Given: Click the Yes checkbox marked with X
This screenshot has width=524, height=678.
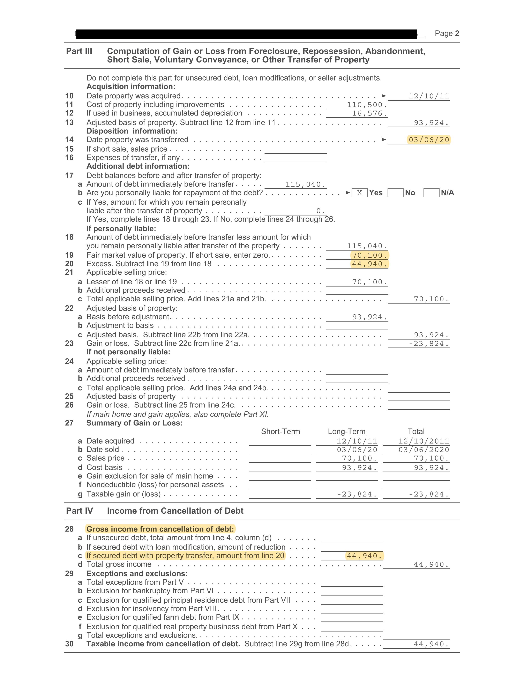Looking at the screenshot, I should click(x=359, y=193).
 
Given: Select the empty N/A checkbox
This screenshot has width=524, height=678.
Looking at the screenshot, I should click(x=431, y=193).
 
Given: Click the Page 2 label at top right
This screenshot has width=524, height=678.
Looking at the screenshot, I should click(x=447, y=33).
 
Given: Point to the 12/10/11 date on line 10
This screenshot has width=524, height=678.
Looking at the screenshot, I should click(x=429, y=96).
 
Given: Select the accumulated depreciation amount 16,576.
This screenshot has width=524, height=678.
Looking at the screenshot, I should click(x=369, y=114).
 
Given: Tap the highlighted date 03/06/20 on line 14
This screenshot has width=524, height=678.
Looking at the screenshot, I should click(x=429, y=140).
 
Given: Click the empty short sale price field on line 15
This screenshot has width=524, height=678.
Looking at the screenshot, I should click(x=295, y=150).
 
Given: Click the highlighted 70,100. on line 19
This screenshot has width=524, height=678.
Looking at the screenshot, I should click(x=369, y=256).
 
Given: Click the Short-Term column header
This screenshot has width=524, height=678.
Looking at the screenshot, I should click(x=280, y=431).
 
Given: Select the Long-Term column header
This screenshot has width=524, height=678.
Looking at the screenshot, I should click(x=346, y=431).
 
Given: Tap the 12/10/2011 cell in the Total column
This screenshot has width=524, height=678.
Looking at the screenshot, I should click(x=424, y=441).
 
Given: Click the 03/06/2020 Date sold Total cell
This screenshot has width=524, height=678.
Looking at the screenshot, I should click(x=424, y=450).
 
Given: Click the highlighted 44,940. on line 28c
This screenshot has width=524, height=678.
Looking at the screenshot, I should click(x=365, y=556).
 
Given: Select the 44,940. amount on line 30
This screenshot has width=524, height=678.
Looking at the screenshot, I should click(x=431, y=644).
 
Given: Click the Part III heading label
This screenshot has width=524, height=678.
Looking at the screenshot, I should click(x=79, y=51).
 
